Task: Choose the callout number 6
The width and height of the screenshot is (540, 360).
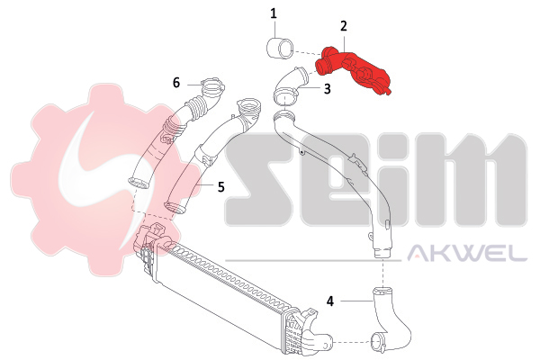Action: point(177,82)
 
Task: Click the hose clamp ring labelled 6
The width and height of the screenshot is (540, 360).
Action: point(211,88)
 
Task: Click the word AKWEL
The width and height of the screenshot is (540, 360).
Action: point(467,255)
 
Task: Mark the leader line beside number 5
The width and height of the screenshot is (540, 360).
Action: point(205,186)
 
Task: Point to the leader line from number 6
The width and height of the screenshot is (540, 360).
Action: point(192,84)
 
